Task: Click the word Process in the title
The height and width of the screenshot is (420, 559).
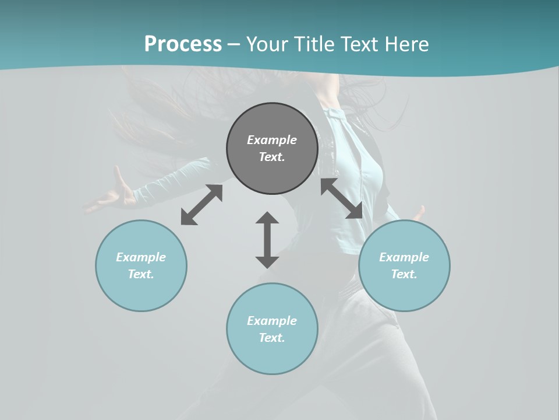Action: (183, 44)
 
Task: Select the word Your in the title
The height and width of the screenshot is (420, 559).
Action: (266, 44)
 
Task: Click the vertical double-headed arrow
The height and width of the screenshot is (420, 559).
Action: (267, 240)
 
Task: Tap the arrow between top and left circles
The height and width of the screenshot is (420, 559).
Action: (201, 205)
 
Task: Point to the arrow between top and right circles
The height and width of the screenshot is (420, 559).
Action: (341, 198)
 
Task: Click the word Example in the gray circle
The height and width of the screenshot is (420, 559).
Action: (272, 140)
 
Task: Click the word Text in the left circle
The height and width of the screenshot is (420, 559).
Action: (141, 274)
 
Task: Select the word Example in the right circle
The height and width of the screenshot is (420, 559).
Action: (404, 257)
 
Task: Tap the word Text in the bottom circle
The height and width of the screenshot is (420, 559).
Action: (272, 338)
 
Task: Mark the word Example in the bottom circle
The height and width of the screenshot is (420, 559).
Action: (272, 321)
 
